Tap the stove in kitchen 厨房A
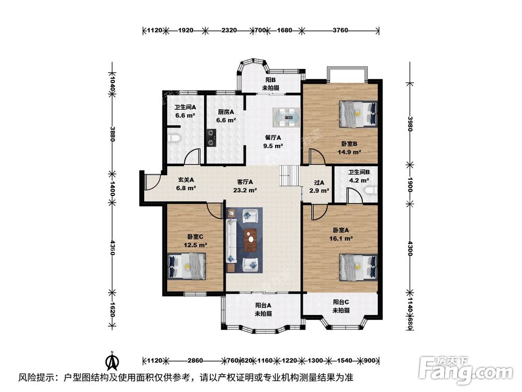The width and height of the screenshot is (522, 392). [211, 137]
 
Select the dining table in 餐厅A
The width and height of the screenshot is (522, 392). [286, 117]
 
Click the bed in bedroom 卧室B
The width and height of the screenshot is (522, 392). [358, 114]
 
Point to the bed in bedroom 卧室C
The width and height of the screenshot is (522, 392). [187, 266]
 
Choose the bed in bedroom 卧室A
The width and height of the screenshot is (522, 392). [358, 267]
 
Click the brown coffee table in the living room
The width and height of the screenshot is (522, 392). [251, 240]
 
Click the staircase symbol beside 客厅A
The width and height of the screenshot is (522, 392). [290, 176]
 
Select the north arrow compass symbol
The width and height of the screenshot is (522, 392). [113, 361]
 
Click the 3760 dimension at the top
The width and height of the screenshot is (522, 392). [340, 30]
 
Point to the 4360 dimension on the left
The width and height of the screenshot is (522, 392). [113, 248]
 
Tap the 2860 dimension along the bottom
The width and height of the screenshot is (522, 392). [195, 360]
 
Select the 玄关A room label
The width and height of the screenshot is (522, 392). [186, 180]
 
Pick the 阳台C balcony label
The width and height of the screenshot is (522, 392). [341, 302]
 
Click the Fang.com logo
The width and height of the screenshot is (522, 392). [466, 370]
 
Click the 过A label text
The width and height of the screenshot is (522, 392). [319, 182]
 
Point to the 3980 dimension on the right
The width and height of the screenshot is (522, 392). [410, 124]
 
